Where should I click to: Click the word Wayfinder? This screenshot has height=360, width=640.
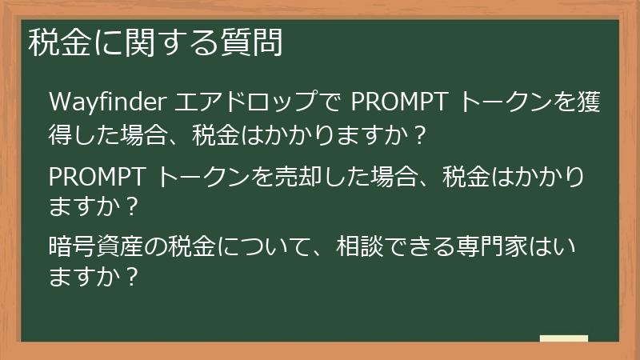click(x=107, y=104)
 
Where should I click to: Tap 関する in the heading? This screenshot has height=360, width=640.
click(x=162, y=42)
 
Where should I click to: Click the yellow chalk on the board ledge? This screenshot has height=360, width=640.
click(x=564, y=338)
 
